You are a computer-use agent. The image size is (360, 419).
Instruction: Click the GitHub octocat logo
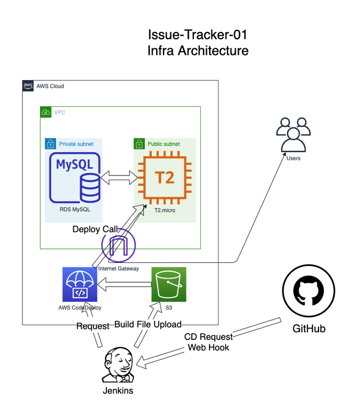point(308,292)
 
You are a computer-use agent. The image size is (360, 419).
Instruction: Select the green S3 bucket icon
point(169,284)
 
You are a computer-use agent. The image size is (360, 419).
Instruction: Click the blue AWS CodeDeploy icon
point(80,284)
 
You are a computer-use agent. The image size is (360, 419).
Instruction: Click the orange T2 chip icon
point(164,177)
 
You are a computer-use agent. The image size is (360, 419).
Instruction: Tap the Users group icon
point(293,135)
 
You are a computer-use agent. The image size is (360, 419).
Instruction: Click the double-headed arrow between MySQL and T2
point(118,178)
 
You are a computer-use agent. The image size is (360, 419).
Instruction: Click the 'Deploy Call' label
point(95,229)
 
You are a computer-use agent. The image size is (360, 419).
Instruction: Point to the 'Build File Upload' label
point(148,324)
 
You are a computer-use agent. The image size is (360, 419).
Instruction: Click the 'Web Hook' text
point(209,347)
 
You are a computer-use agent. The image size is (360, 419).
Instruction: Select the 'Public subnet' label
point(163,144)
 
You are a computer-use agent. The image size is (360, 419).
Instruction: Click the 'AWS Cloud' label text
point(50,86)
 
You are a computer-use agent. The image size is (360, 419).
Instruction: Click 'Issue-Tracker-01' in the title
point(197,35)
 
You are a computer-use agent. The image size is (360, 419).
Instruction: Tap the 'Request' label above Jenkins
point(93,326)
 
